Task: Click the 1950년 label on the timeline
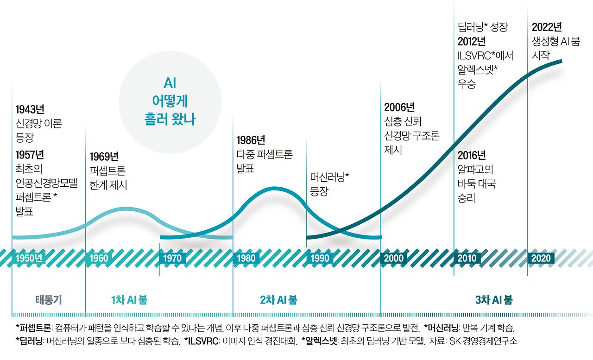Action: (29, 258)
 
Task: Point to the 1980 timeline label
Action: (246, 258)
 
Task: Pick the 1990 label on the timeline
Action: (319, 258)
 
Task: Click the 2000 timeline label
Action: (393, 258)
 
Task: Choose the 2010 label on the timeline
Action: (467, 258)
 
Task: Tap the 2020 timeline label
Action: (541, 258)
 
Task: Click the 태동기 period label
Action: (49, 300)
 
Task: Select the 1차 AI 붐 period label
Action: (129, 300)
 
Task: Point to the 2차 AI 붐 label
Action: (278, 300)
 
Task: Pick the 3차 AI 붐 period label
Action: (494, 300)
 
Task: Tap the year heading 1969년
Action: (104, 156)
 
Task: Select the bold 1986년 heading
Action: (251, 140)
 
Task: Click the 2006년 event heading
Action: (399, 107)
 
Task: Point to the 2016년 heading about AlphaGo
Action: (472, 155)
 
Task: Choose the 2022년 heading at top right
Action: (547, 27)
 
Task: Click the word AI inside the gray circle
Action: (170, 83)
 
